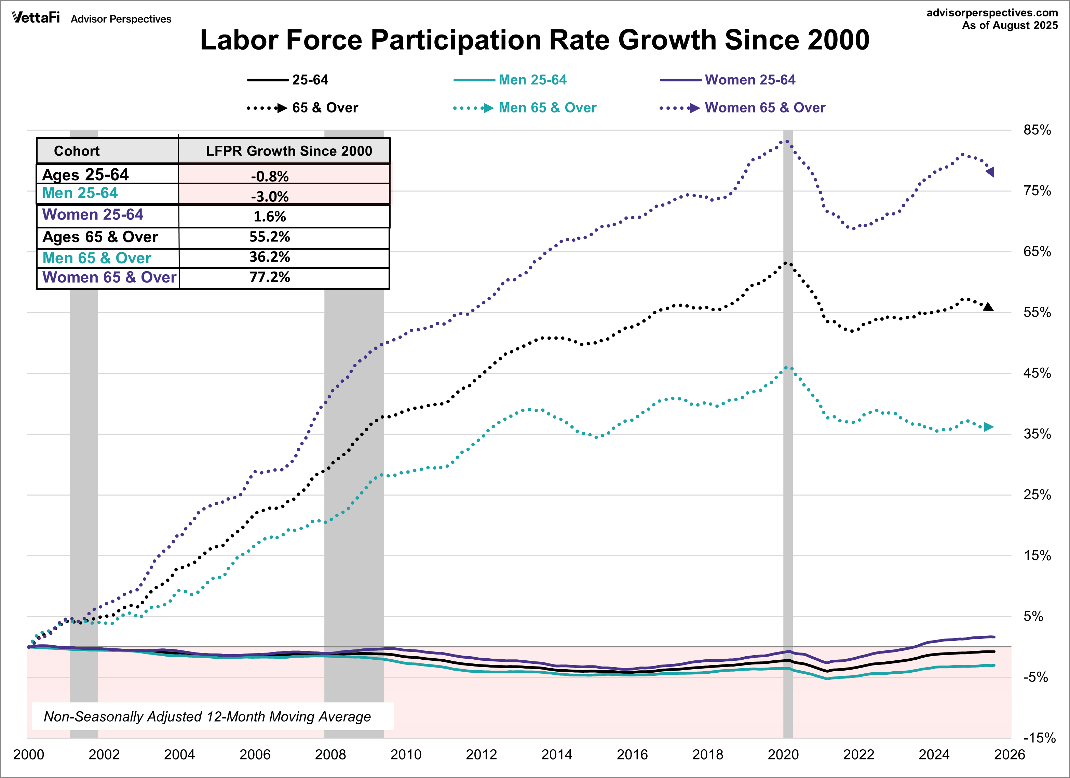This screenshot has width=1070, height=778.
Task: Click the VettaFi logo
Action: click(36, 18)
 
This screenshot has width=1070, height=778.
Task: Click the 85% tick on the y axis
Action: click(1037, 130)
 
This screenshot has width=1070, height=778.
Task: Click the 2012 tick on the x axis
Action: click(481, 754)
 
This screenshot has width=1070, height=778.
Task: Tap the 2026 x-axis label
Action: click(1009, 754)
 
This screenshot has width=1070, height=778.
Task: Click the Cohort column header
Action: click(77, 151)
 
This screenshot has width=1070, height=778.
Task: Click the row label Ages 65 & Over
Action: click(100, 237)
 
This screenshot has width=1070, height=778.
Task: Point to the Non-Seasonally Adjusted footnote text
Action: click(207, 717)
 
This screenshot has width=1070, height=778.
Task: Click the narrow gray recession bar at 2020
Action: click(787, 472)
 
